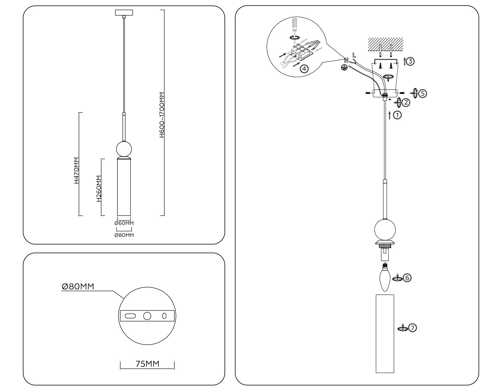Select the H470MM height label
[77, 170]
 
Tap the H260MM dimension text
[99, 189]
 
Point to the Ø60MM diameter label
[124, 223]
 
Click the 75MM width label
[147, 364]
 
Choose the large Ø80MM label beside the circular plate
[78, 287]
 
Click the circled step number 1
[397, 115]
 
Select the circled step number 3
[410, 61]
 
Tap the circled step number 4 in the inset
[304, 68]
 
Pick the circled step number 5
[423, 93]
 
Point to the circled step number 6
[407, 278]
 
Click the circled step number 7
[412, 328]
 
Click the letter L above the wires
[354, 55]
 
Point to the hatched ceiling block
[385, 44]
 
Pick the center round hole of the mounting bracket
[147, 316]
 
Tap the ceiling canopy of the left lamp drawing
[124, 13]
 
